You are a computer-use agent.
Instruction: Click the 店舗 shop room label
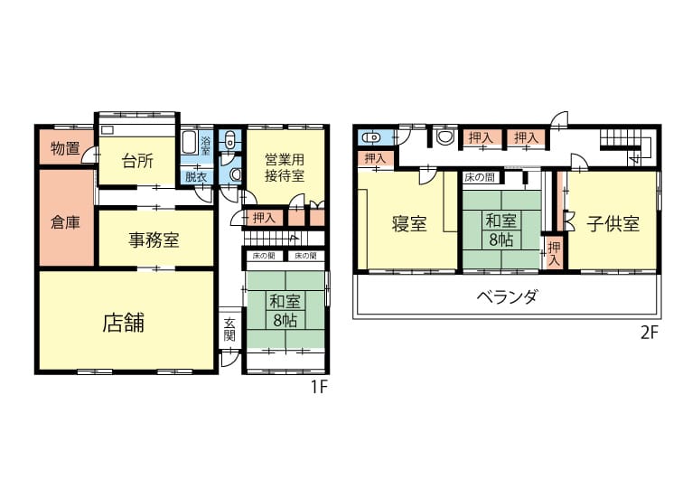click(x=123, y=323)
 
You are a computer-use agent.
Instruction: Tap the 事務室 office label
click(x=154, y=240)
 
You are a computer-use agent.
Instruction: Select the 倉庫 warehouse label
click(x=65, y=222)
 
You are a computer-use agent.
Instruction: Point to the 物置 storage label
click(x=65, y=148)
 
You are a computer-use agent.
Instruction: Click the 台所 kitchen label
click(x=137, y=161)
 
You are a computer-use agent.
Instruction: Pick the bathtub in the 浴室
click(x=191, y=143)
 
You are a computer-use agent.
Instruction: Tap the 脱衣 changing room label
click(x=196, y=177)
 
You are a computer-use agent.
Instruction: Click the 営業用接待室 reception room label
click(x=285, y=167)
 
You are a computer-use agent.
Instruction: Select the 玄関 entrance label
click(x=229, y=329)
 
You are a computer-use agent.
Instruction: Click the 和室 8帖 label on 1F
click(x=285, y=310)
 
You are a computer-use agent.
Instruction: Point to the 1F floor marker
click(x=319, y=387)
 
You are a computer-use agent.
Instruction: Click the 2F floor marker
click(x=650, y=333)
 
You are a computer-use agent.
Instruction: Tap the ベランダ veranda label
click(x=507, y=296)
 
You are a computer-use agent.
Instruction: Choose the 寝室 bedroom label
click(x=409, y=224)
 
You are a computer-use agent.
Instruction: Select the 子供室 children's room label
click(x=613, y=224)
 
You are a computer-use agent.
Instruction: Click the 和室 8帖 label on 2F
click(x=500, y=230)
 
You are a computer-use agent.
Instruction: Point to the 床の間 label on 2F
click(x=480, y=177)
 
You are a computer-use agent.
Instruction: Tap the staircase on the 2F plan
click(x=624, y=146)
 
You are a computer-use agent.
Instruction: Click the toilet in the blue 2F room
click(x=371, y=137)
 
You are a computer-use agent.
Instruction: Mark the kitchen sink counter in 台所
click(x=137, y=130)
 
